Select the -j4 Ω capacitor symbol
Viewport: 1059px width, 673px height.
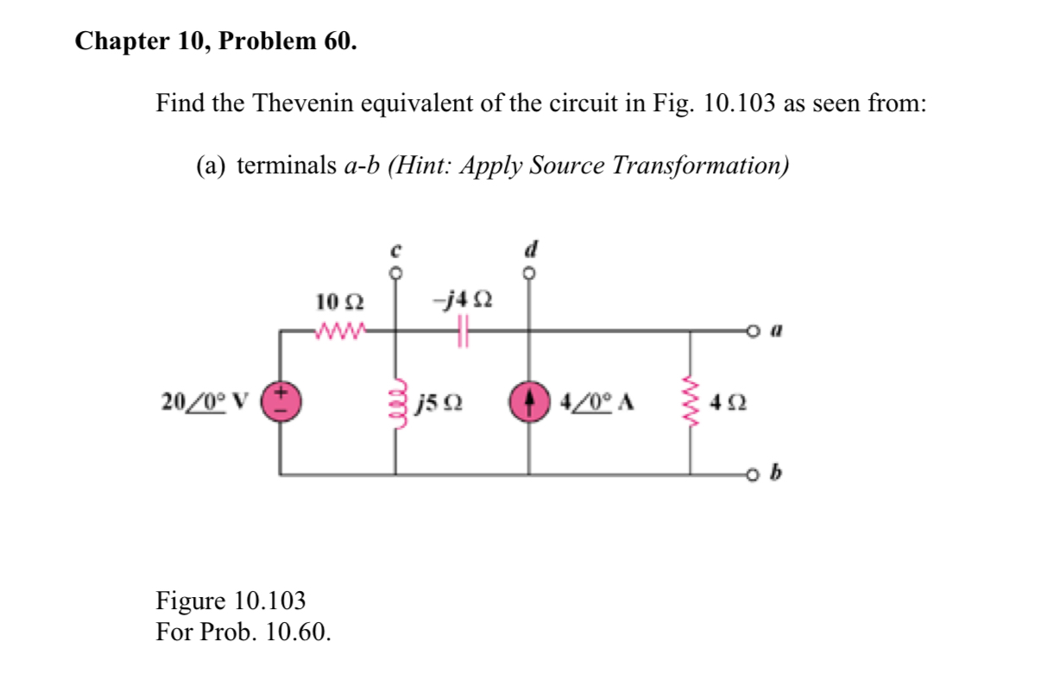coord(463,330)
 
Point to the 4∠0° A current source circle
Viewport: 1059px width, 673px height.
coord(529,402)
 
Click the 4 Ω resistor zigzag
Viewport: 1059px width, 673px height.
coord(690,402)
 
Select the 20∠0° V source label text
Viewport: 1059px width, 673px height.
coord(205,402)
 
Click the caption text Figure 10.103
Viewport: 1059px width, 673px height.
coord(230,600)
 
